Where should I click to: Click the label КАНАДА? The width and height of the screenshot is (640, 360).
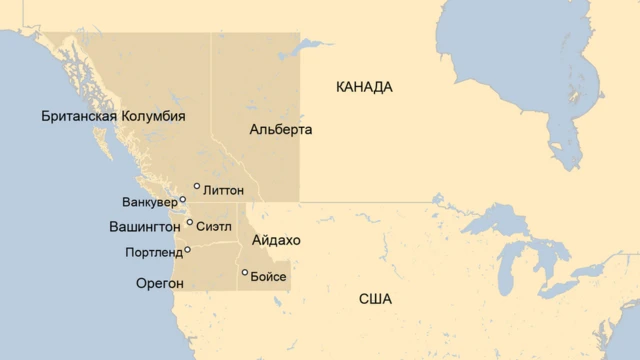pos(364,87)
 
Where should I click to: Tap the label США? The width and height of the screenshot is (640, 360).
pos(375,299)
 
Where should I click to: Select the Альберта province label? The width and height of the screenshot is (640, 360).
pos(281,130)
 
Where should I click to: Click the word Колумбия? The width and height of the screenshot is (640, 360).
pos(153,116)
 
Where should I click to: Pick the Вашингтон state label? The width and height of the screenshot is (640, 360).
pos(145,227)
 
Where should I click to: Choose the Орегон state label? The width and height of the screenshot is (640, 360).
pos(160,284)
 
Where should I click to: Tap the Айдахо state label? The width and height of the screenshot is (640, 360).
pos(276,241)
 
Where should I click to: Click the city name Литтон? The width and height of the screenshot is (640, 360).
pos(223,189)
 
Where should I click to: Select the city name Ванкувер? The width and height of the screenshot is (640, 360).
pos(149,203)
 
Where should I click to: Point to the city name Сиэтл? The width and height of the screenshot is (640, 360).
pos(215,226)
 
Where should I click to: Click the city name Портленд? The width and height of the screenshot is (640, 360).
pos(154,252)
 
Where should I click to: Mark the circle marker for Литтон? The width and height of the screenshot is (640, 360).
pos(197,186)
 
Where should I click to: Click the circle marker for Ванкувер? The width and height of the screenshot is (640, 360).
pos(183,200)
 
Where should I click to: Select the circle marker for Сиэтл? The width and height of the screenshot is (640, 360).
pos(189,223)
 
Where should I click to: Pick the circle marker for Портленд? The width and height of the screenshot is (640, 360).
pos(187,250)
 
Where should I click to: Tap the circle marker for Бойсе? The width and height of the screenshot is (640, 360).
pos(245,272)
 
